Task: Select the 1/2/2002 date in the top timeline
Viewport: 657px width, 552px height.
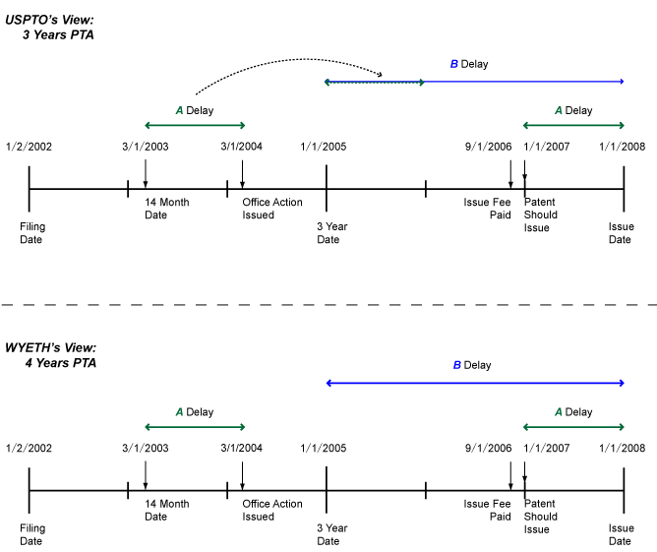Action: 29,147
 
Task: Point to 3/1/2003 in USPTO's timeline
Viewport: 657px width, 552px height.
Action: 145,147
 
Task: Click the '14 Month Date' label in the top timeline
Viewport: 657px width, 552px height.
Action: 166,209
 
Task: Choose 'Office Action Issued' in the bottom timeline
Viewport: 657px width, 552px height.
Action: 272,510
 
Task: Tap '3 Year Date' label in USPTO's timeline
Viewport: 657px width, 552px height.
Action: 331,232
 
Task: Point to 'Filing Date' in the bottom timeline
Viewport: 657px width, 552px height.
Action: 32,534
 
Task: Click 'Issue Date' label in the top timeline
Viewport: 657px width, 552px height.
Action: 621,232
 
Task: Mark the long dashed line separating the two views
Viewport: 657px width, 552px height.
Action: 328,305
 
